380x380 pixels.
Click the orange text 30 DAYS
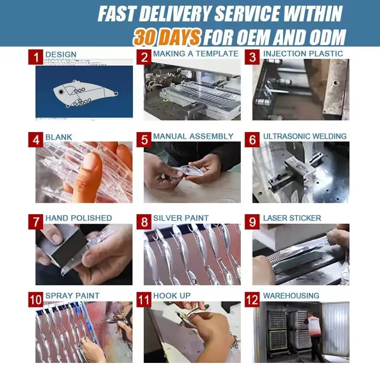[167, 37]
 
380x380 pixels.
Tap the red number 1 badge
[36, 57]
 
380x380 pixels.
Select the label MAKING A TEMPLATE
[196, 54]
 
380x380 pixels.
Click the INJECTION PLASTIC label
[303, 54]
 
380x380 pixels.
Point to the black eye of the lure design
[61, 92]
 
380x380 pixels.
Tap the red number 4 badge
[36, 140]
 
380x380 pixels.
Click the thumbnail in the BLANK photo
[89, 161]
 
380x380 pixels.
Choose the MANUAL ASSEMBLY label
[193, 136]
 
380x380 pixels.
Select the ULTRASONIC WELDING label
[305, 136]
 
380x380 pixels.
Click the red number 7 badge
[36, 222]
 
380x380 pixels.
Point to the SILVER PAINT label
[181, 218]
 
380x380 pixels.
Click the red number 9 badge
[252, 222]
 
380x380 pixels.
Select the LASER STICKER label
[292, 218]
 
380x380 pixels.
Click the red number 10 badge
[36, 300]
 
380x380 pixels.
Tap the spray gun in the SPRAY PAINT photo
[119, 323]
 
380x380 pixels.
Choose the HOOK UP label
[172, 295]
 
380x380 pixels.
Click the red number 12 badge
[252, 300]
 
